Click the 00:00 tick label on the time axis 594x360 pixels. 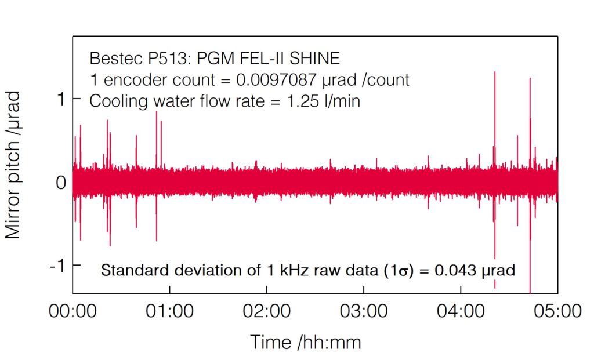[x=73, y=312]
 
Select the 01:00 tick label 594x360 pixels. [x=169, y=312]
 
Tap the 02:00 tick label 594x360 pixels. [x=266, y=312]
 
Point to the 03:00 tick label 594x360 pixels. [x=363, y=312]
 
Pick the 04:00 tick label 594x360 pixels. [x=461, y=312]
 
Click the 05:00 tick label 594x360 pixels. [x=557, y=312]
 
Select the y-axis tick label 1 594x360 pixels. [x=60, y=100]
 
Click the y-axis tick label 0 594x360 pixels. [x=59, y=183]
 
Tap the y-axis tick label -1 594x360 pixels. [x=56, y=266]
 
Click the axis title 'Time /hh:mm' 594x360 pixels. [x=306, y=342]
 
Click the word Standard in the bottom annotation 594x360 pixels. [x=126, y=270]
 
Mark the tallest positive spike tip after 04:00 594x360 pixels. [x=494, y=72]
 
